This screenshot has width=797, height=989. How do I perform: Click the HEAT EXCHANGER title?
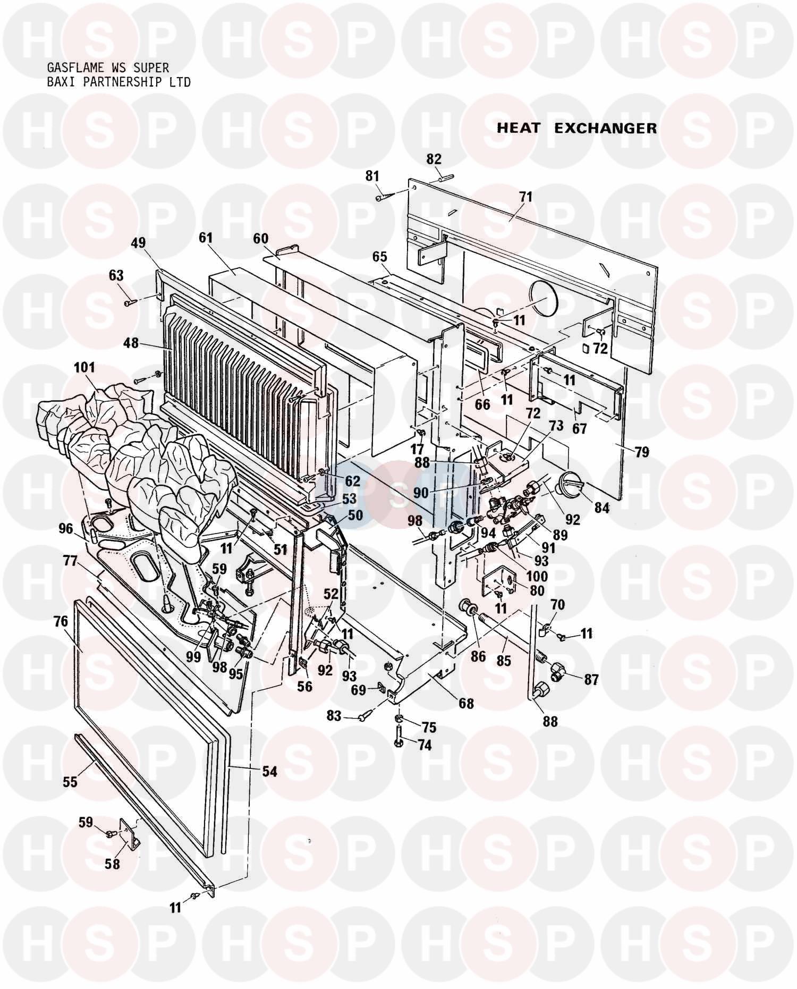576,128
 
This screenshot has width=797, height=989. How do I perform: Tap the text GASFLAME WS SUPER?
108,68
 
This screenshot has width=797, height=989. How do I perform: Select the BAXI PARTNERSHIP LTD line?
118,82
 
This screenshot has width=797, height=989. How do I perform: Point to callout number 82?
434,159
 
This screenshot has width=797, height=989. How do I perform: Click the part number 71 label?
525,197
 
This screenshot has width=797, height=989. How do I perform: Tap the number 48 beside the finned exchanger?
131,343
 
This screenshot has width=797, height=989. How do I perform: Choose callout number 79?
642,452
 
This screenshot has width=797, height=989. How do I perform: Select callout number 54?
270,771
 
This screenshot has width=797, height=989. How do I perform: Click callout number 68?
466,703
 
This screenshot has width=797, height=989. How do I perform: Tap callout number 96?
65,528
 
